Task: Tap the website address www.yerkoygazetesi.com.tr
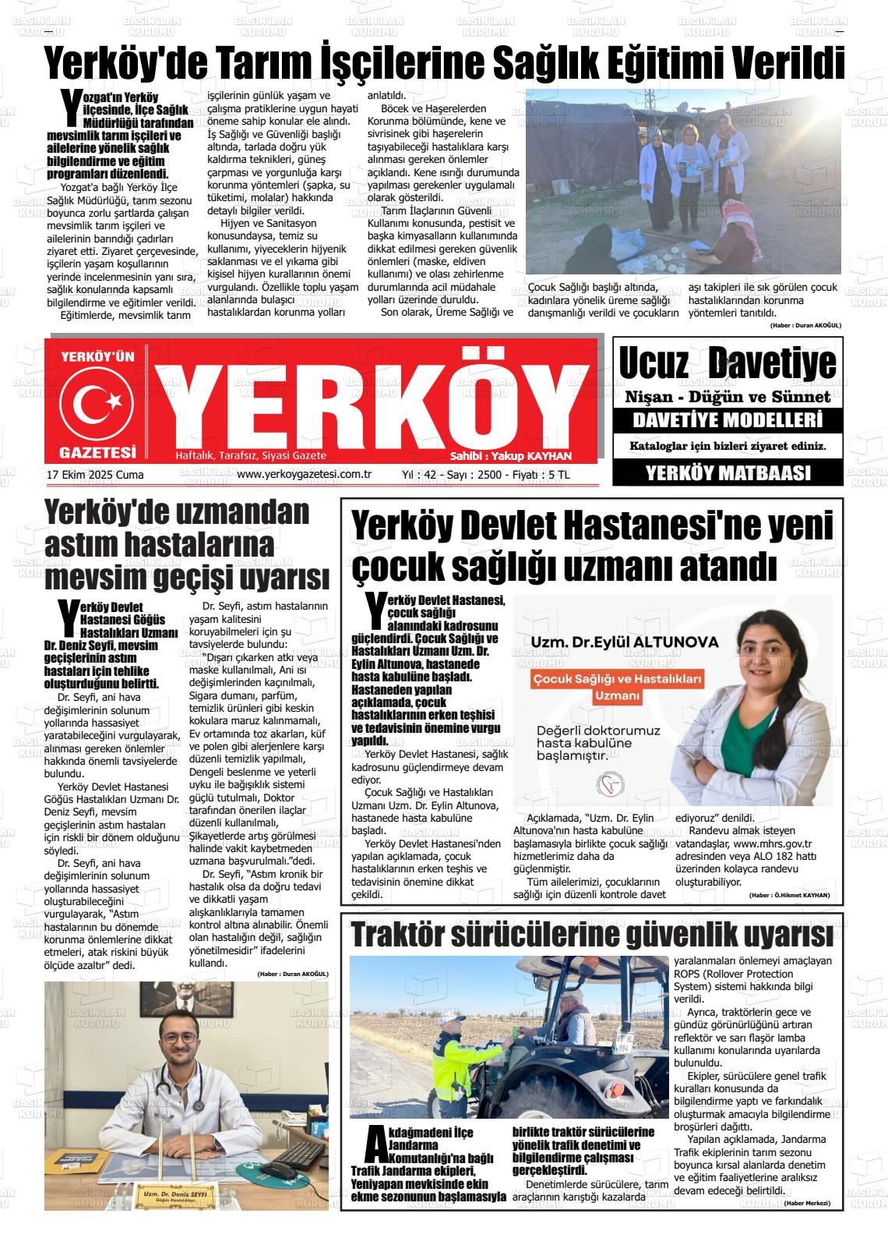[x=304, y=474]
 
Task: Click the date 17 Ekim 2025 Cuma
[x=95, y=474]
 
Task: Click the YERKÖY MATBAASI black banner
[x=728, y=472]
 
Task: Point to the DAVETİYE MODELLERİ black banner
[x=728, y=421]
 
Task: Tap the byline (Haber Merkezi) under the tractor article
[x=808, y=1204]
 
